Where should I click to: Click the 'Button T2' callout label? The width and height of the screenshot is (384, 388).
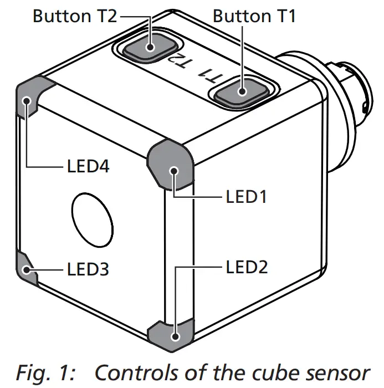coord(75,16)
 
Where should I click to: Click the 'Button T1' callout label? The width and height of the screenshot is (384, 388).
coord(254,16)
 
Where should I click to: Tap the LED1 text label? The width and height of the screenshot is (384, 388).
coord(247,196)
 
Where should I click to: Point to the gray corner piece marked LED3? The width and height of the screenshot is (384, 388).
coord(26,269)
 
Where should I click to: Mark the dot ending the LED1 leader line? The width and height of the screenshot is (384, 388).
coord(175,170)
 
